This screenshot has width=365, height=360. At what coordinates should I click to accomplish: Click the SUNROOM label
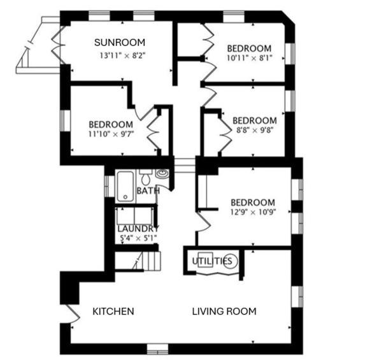click(x=120, y=43)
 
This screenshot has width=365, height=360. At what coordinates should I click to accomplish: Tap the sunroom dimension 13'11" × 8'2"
click(x=122, y=55)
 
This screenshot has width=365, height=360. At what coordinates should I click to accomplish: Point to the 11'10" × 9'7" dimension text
click(x=111, y=134)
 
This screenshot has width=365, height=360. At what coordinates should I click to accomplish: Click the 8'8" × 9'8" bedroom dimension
click(x=254, y=131)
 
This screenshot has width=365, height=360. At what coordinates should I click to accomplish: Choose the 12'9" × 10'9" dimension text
click(x=253, y=213)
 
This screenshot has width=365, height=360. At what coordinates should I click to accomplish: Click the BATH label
click(x=148, y=191)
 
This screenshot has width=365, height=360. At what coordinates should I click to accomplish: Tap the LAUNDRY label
click(x=138, y=228)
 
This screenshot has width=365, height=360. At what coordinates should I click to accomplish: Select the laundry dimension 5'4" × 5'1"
click(x=138, y=238)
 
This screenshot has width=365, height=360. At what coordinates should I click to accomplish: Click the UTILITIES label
click(x=211, y=261)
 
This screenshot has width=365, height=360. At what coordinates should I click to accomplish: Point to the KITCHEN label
click(x=113, y=312)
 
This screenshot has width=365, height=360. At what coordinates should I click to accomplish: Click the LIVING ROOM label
click(x=224, y=312)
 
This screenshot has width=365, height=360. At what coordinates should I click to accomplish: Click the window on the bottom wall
click(x=157, y=349)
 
